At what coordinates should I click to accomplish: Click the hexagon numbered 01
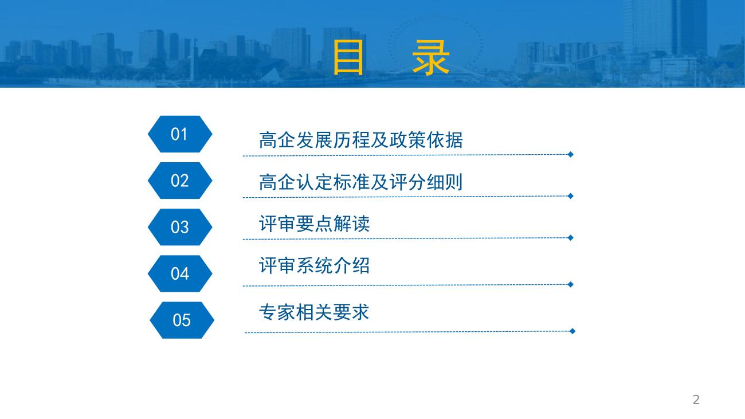[x=180, y=134]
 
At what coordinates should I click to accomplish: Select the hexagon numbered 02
[x=180, y=181]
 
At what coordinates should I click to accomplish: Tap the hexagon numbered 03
[x=180, y=227]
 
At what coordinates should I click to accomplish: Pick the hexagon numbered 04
[x=180, y=273]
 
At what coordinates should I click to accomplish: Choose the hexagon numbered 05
[x=182, y=320]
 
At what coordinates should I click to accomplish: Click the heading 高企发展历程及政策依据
[x=361, y=140]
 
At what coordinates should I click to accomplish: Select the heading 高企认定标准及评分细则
[x=361, y=182]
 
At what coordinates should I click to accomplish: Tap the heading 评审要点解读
[x=314, y=224]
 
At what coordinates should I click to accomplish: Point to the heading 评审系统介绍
[x=314, y=265]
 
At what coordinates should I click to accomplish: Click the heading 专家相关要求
[x=314, y=312]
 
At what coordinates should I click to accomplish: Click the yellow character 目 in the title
[x=348, y=57]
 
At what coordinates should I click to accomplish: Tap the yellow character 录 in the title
[x=431, y=57]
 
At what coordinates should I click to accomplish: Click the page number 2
[x=696, y=400]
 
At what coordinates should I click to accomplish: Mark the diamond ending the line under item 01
[x=570, y=154]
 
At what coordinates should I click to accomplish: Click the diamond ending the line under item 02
[x=570, y=196]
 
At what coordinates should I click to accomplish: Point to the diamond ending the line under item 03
[x=570, y=237]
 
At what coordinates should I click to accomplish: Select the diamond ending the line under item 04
[x=570, y=284]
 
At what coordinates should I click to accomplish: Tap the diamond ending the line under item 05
[x=573, y=331]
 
